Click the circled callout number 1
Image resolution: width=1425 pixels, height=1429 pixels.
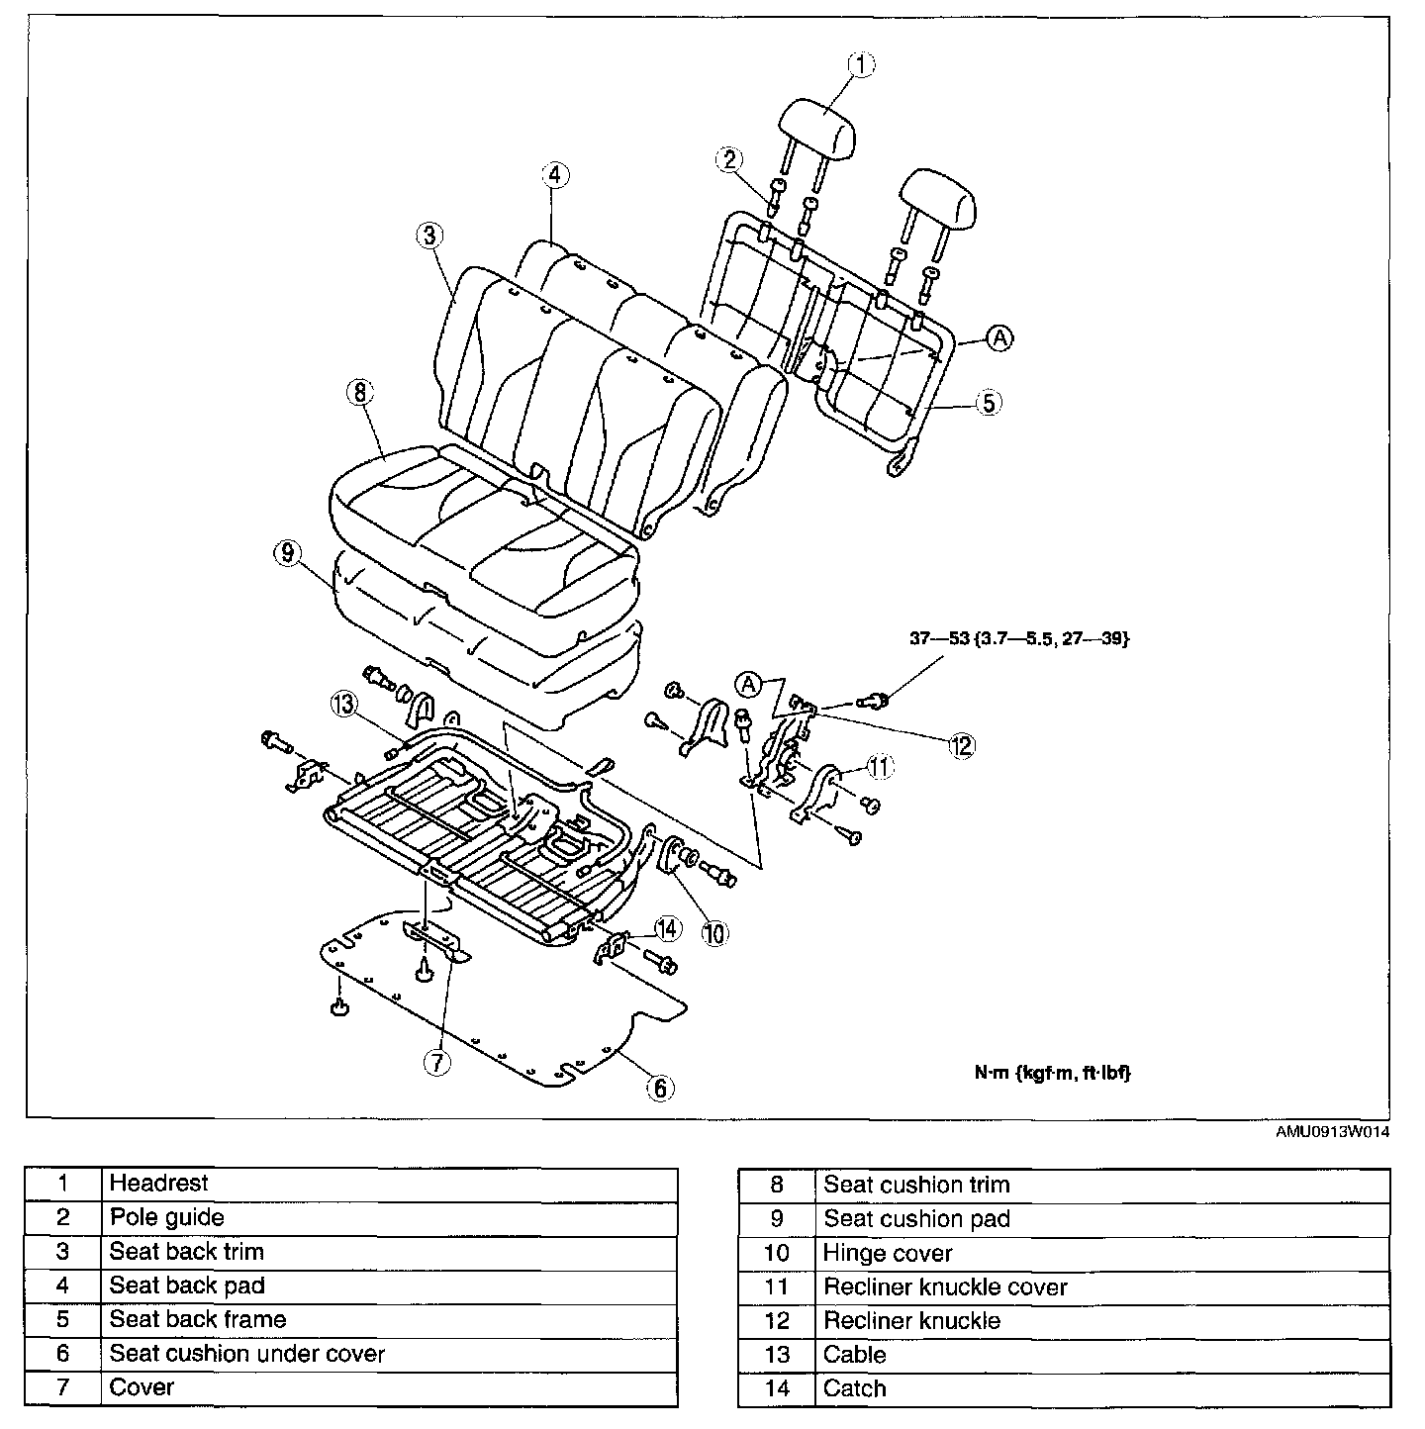click(860, 65)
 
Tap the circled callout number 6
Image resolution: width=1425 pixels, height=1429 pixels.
click(659, 1088)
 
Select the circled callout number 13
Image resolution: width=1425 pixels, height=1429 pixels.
click(342, 704)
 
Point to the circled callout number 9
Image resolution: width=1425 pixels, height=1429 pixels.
click(287, 554)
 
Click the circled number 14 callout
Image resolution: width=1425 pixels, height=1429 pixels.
click(667, 928)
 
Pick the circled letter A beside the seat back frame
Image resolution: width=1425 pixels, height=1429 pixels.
click(1000, 338)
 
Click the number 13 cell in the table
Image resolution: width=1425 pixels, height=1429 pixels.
click(777, 1355)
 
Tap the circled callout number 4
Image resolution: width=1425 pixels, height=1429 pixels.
click(554, 175)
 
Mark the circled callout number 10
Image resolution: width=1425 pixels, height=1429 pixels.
click(713, 932)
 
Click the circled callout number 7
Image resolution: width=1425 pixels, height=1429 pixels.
click(436, 1062)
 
